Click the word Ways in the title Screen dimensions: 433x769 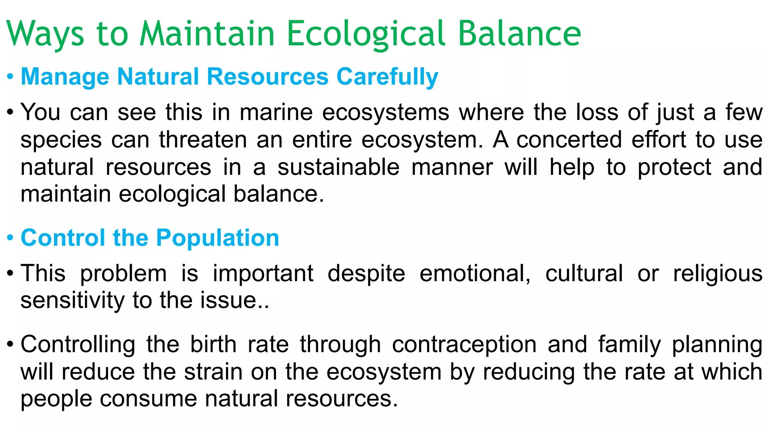(x=45, y=35)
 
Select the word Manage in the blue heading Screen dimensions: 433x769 (x=65, y=77)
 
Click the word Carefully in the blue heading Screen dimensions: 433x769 (x=387, y=77)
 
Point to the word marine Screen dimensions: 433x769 (x=276, y=112)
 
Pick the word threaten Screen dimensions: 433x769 (x=202, y=139)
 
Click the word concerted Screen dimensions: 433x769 (x=569, y=139)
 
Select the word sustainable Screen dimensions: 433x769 (x=338, y=167)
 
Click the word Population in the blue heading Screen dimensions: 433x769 (x=217, y=238)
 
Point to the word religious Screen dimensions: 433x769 (x=718, y=273)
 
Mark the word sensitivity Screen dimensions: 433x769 (x=72, y=300)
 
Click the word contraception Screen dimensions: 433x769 (x=464, y=344)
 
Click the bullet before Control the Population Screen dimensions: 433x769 (x=10, y=238)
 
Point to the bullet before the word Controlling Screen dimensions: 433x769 (x=10, y=344)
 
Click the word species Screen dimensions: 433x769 (x=61, y=140)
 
